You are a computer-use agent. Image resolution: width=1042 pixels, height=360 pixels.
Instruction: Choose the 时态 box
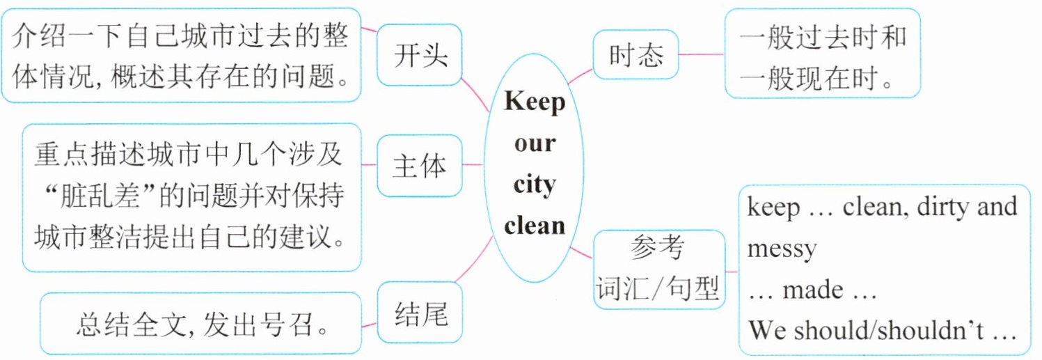pyautogui.click(x=636, y=55)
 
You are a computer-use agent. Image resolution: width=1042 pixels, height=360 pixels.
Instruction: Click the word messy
pyautogui.click(x=782, y=249)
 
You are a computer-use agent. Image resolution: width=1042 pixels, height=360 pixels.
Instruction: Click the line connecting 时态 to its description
pyautogui.click(x=701, y=54)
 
